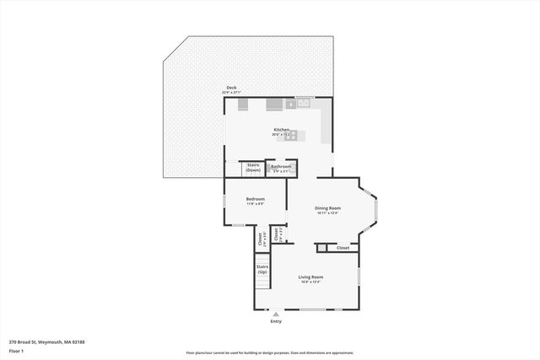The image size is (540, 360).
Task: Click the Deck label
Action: tap(230, 88)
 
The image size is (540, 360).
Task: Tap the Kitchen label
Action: tap(281, 129)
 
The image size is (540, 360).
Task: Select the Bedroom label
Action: tap(255, 199)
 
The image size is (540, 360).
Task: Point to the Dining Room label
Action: tap(327, 208)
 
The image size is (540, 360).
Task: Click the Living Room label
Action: tap(310, 277)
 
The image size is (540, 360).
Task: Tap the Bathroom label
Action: tap(281, 166)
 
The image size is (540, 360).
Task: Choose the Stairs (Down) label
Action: tap(253, 168)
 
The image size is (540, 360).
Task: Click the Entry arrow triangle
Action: tap(276, 314)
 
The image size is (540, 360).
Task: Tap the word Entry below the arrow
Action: tap(276, 321)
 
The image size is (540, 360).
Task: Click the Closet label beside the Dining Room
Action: tap(343, 248)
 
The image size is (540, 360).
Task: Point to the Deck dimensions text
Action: tap(230, 92)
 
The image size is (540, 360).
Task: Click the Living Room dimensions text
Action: tap(310, 282)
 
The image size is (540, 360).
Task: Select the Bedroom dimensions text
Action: tap(255, 204)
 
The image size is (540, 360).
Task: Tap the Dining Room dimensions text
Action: tap(327, 213)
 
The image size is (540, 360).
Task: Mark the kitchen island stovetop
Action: tap(289, 135)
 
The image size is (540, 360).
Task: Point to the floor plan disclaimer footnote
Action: tap(270, 353)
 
